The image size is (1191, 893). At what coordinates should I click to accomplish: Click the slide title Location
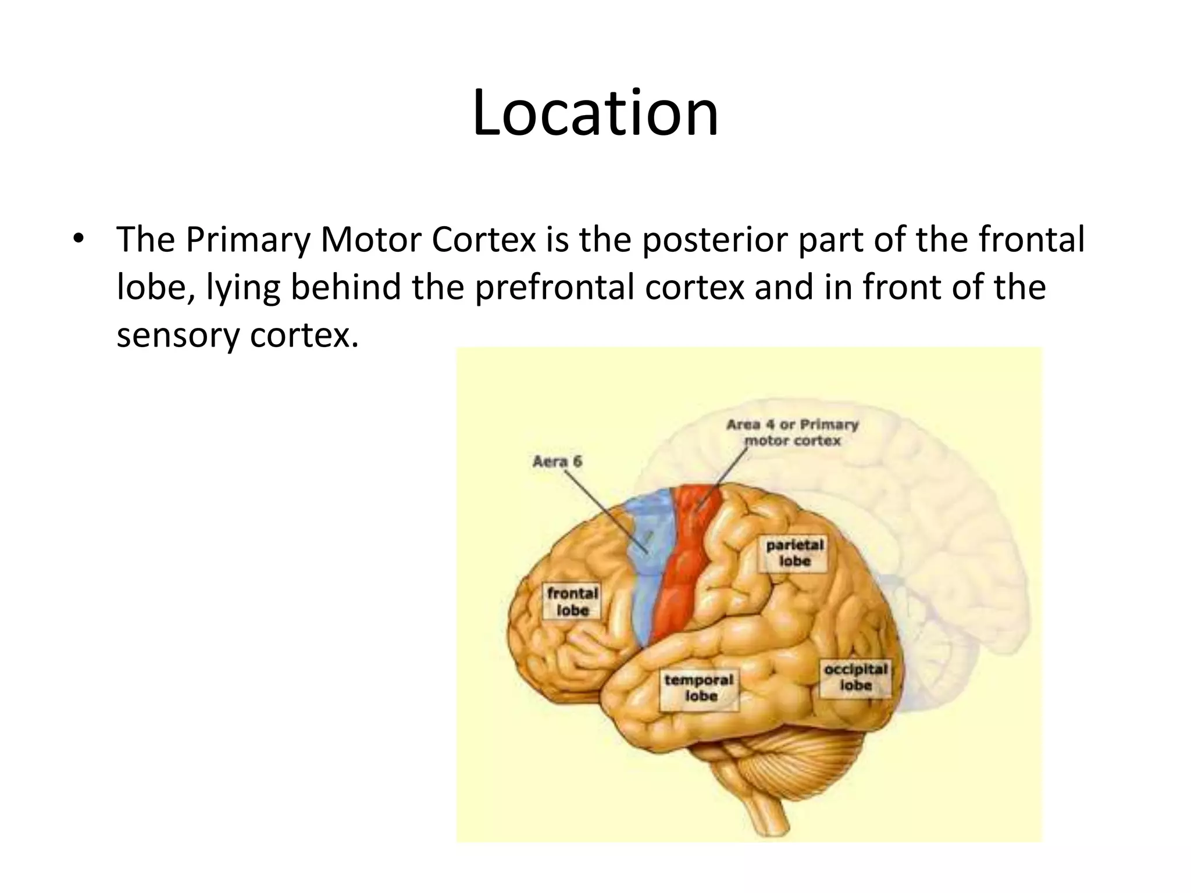pos(595,113)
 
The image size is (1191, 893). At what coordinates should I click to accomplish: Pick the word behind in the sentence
pos(345,287)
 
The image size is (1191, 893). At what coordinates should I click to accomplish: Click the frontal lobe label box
pos(572,602)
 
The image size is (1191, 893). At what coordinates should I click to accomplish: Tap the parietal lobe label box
pos(794,553)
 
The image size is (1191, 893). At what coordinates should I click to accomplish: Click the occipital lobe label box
pos(855,677)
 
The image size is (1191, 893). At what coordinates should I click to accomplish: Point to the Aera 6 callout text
pos(557,462)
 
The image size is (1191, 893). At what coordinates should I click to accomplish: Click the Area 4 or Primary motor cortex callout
pos(792,433)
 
